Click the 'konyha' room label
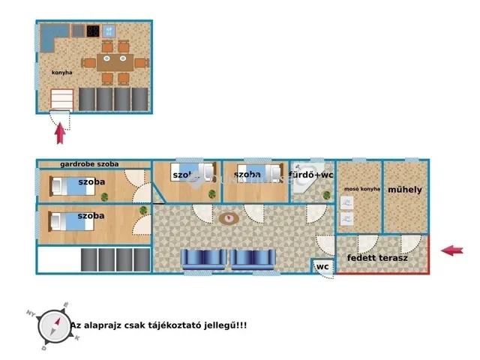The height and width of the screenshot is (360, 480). tap(61, 73)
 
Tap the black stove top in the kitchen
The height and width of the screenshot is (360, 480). tap(94, 31)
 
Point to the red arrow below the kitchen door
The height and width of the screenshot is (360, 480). tap(61, 133)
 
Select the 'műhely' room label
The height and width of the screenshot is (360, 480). tap(405, 190)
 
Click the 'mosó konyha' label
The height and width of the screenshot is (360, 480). tap(358, 190)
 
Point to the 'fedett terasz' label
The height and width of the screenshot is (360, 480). tap(377, 259)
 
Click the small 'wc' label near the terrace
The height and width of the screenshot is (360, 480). tap(322, 267)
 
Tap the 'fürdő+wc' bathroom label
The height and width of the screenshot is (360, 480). tap(311, 175)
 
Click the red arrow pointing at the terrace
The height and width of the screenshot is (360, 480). tap(451, 250)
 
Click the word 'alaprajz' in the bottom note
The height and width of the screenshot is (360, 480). tap(106, 325)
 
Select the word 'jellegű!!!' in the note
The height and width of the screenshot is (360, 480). tap(226, 325)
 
